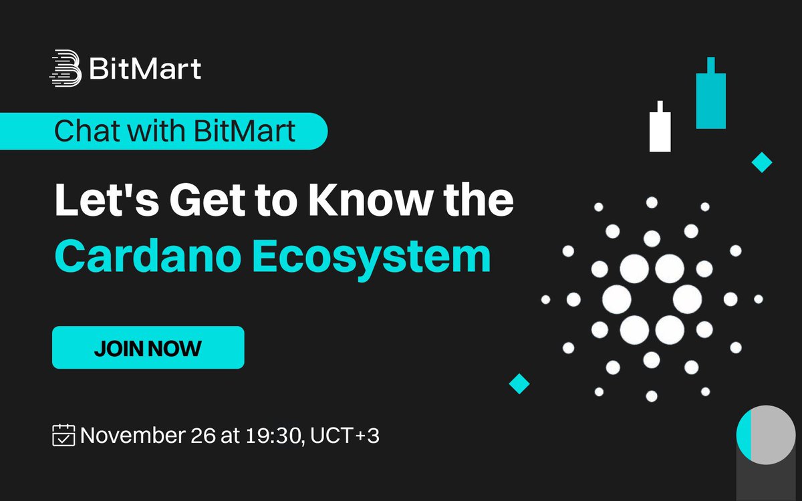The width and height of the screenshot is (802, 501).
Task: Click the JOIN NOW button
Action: point(148,347)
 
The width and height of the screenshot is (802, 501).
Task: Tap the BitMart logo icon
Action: point(65,68)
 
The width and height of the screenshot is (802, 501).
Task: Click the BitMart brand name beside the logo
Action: point(144,68)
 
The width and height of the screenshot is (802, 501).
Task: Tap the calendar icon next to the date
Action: point(64,436)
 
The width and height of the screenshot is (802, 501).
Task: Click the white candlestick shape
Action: point(660,129)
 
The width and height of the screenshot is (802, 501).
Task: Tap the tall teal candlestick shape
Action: point(710,98)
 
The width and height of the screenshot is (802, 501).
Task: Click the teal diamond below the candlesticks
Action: point(761,162)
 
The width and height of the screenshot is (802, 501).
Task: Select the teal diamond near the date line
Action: point(519,383)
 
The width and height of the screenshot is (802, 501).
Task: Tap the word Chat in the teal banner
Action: point(81,131)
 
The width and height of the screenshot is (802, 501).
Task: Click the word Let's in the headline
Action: point(98,200)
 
